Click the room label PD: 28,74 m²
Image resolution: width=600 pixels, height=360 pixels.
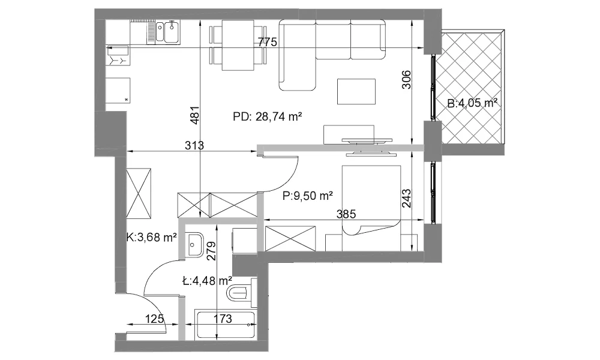pos(268,116)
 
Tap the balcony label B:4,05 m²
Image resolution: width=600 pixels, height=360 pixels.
pos(472,103)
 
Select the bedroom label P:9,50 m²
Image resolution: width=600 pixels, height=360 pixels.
pos(308,196)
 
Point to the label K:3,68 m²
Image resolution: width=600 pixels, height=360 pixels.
pos(152,238)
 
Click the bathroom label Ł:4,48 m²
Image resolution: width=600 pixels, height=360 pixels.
pos(208,281)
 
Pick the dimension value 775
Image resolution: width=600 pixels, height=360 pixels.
pos(268,42)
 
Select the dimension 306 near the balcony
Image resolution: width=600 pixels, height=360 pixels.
pos(406,80)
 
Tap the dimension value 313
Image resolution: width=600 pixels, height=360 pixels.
pos(194,145)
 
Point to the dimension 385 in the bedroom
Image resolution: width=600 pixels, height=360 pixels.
pos(346,214)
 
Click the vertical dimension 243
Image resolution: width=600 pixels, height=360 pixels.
pos(406,199)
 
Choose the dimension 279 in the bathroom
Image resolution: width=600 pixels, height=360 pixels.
pos(211,251)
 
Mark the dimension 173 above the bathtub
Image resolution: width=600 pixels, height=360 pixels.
pos(223,318)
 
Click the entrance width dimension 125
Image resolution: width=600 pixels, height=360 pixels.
pos(155,318)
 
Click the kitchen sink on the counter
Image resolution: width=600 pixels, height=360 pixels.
pos(167,32)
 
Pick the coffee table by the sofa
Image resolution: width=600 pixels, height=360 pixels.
pos(356,91)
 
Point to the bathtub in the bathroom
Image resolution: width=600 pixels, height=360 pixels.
pos(226,325)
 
